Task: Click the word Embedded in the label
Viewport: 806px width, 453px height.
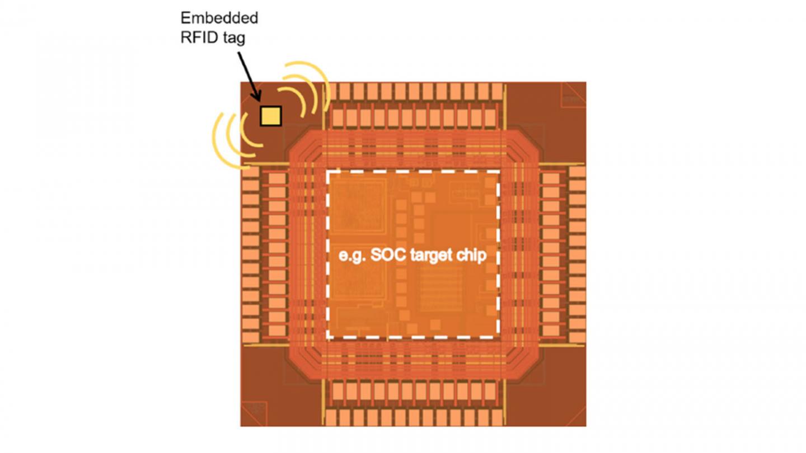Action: coord(219,18)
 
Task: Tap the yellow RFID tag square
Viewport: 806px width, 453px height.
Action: coord(271,115)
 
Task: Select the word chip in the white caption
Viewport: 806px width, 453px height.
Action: coord(474,256)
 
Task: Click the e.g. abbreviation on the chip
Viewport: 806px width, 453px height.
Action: coord(353,256)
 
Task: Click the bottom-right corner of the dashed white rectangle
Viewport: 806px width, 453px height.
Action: coord(498,337)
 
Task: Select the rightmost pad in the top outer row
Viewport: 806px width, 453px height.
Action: coord(496,91)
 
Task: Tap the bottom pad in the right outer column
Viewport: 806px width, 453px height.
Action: coord(577,336)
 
